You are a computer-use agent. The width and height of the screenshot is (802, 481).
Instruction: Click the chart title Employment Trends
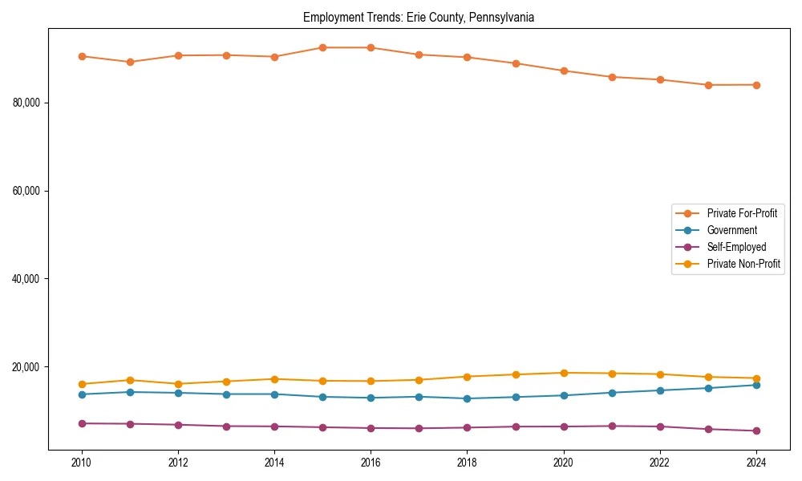tap(419, 17)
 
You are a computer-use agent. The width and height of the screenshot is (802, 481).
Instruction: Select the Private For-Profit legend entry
tap(742, 213)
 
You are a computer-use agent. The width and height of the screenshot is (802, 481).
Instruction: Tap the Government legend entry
tap(731, 230)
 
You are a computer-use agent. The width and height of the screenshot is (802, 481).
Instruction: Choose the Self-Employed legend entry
tap(736, 247)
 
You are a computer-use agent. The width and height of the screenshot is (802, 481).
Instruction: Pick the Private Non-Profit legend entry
tap(743, 264)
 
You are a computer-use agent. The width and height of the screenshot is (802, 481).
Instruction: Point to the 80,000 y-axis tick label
tap(26, 103)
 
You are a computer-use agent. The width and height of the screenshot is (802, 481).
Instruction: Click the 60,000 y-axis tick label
tap(26, 191)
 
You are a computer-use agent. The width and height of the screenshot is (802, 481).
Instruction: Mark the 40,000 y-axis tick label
tap(26, 279)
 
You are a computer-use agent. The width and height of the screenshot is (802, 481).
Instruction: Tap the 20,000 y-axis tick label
tap(26, 367)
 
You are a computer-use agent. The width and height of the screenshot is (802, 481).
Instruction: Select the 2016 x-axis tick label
tap(371, 463)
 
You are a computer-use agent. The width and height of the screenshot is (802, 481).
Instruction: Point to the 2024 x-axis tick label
tap(756, 463)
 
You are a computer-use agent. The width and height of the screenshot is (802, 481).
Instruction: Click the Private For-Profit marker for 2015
tap(322, 47)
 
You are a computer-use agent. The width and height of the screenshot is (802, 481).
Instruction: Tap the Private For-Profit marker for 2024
tap(756, 85)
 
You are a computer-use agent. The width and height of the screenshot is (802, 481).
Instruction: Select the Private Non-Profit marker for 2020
tap(564, 373)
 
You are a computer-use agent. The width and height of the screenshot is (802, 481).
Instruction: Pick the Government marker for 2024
tap(756, 385)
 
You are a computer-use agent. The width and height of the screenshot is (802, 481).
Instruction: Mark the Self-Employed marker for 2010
tap(82, 423)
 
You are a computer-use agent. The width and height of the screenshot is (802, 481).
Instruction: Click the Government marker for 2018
tap(468, 398)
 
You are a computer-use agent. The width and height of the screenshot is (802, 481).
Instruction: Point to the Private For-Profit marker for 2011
tap(130, 62)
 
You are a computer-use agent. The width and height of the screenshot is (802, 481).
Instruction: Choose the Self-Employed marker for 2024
tap(756, 430)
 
